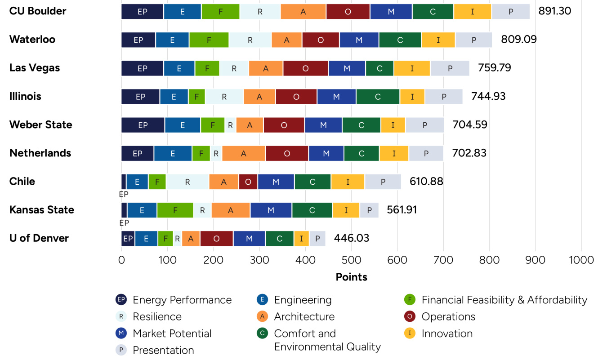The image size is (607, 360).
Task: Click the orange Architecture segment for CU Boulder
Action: [303, 11]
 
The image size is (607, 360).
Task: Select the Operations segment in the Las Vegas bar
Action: [305, 68]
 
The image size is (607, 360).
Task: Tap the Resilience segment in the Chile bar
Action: [187, 182]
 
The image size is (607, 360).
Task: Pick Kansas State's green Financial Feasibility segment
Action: [175, 210]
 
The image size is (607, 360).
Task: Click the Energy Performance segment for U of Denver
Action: [128, 239]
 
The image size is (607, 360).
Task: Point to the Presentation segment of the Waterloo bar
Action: [473, 40]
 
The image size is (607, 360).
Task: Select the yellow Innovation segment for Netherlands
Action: [393, 153]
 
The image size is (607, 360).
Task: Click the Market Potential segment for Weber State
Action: [323, 125]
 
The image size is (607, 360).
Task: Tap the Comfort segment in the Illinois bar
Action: [378, 97]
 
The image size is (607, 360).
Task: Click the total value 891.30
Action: [554, 11]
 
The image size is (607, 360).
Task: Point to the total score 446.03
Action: [351, 238]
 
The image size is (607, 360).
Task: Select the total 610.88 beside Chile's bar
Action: [426, 182]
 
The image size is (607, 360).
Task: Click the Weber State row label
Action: [40, 125]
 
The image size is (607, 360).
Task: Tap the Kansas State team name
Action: [41, 210]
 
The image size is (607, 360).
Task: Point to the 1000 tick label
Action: [580, 260]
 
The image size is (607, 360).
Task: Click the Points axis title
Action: [351, 277]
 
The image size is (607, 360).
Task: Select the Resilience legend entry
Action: [157, 316]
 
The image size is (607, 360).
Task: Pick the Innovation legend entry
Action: [446, 333]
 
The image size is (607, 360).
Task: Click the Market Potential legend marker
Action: [121, 333]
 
